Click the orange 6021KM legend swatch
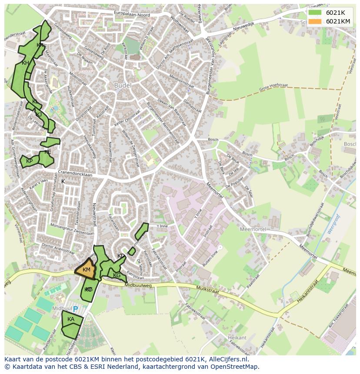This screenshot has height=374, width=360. tap(315, 21)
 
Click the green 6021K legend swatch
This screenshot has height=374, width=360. tap(315, 13)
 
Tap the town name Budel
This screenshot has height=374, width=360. tap(122, 86)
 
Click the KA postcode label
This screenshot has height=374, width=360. tap(71, 319)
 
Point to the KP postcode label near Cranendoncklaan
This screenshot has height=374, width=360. tap(29, 161)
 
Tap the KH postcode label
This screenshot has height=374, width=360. tap(25, 63)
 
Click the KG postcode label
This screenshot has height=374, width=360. tap(117, 275)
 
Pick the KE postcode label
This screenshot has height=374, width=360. tap(47, 152)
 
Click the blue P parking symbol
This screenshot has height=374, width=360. tap(75, 309)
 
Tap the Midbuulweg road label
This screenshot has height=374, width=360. tap(138, 285)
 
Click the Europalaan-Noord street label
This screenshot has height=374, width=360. tap(132, 14)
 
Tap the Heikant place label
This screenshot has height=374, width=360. tap(237, 338)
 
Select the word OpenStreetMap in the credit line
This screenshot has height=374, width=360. tap(235, 367)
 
